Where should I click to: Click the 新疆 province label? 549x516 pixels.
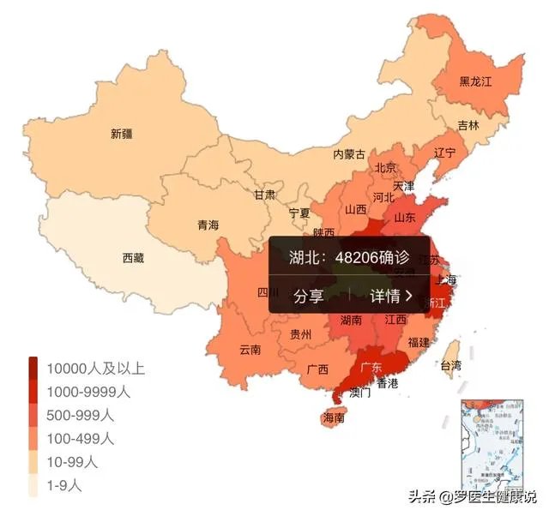122,134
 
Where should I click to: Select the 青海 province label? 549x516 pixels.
208,225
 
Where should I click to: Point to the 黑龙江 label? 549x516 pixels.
476,81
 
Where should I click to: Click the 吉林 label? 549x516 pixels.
468,124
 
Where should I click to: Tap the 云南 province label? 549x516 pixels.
250,349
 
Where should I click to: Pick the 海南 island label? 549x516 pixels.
333,418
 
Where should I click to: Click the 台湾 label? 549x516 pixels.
450,365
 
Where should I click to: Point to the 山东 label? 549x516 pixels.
405,218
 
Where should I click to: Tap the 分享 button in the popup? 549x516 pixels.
309,297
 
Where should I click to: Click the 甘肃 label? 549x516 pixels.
263,195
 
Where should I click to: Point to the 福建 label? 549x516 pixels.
419,342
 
